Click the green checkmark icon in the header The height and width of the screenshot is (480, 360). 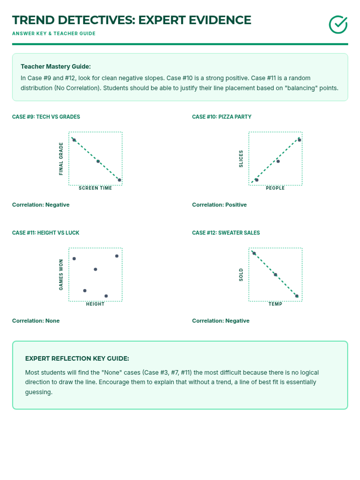click(338, 25)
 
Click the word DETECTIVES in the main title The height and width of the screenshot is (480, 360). click(96, 20)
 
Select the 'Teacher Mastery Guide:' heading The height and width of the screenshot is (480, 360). click(55, 67)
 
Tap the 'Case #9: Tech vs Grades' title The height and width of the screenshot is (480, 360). click(46, 117)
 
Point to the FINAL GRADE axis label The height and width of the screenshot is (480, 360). click(61, 159)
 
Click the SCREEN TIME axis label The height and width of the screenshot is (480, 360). click(95, 188)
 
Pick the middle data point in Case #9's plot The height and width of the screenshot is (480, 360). click(98, 161)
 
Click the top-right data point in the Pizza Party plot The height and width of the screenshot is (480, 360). click(299, 140)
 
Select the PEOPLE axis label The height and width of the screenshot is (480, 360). click(275, 188)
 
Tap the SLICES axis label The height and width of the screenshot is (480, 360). click(241, 159)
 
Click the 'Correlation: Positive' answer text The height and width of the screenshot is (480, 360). click(219, 205)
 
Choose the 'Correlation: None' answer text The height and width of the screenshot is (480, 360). click(36, 321)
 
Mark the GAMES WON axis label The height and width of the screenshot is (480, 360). click(61, 275)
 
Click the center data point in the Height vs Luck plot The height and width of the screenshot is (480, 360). click(95, 269)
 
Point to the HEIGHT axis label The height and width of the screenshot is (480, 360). click(95, 304)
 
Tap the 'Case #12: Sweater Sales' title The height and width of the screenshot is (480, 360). click(226, 233)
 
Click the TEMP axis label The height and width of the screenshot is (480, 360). click(275, 304)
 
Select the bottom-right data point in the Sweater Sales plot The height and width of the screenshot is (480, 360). click(297, 296)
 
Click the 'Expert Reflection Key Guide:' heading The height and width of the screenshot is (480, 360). click(77, 358)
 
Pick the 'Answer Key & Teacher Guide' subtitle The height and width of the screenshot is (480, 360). click(54, 34)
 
